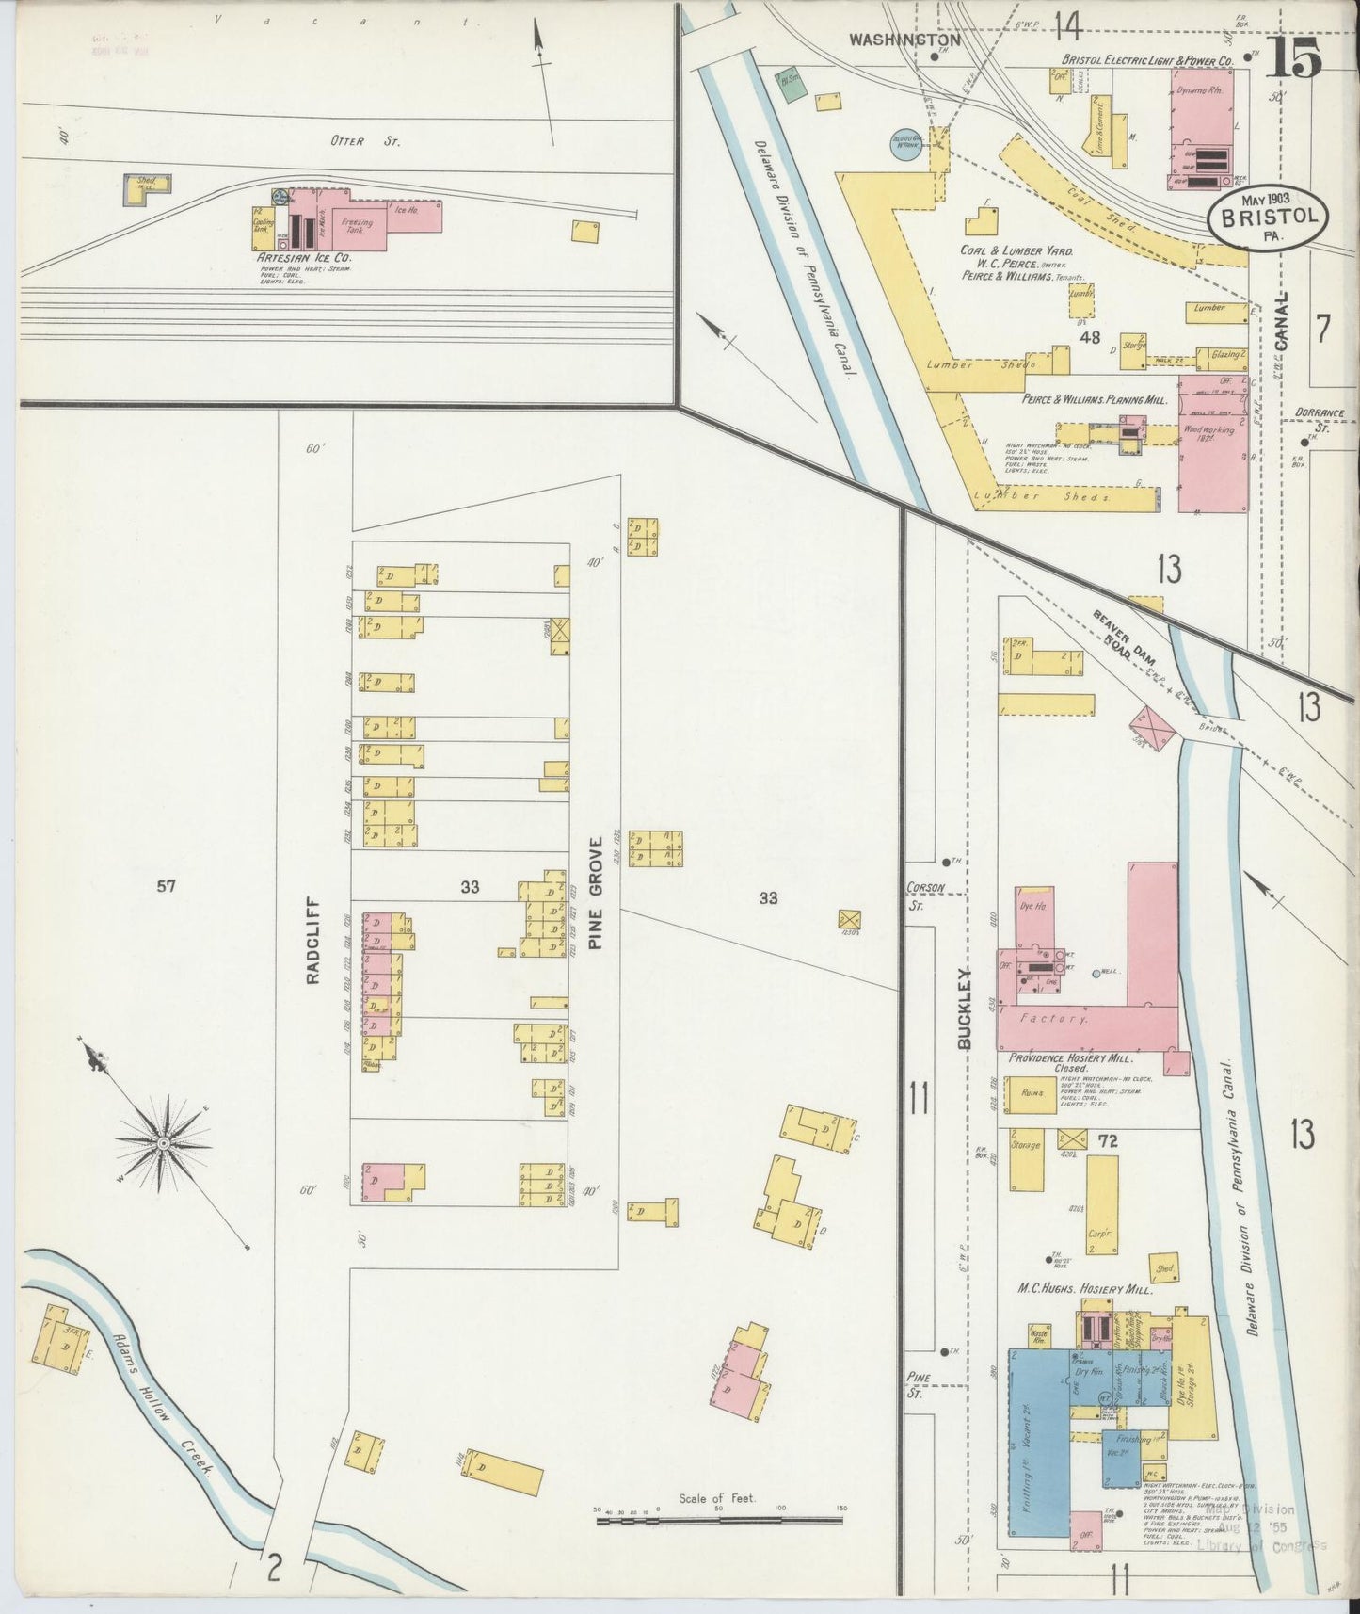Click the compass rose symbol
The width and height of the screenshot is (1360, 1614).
162,1142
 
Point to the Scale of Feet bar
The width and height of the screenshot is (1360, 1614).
720,1519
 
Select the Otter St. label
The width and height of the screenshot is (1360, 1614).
352,142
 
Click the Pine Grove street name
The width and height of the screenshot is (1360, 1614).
597,892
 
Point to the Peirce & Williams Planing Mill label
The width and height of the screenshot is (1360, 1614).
1095,399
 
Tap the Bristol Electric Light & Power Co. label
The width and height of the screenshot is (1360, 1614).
1141,60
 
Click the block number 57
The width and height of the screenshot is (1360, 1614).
167,885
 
